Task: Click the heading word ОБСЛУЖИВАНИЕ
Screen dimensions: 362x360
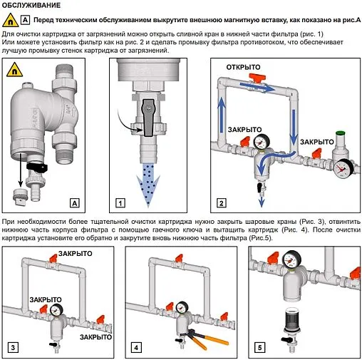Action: [x=31, y=5]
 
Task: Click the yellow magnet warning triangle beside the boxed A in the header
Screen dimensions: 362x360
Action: [x=10, y=20]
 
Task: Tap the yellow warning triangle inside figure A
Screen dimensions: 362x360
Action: [x=15, y=70]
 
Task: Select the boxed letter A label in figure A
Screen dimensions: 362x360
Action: [x=75, y=203]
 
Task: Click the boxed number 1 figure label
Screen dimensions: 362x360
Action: [x=120, y=203]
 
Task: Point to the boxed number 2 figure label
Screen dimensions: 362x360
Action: [x=222, y=203]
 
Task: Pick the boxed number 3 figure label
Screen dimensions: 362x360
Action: [x=13, y=348]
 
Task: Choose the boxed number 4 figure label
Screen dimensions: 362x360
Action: [x=136, y=348]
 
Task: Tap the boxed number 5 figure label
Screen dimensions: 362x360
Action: [x=259, y=348]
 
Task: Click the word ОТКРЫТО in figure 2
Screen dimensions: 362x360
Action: [x=243, y=67]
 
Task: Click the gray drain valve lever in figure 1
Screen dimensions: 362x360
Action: [x=148, y=118]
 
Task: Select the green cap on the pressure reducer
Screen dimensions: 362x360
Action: [x=340, y=133]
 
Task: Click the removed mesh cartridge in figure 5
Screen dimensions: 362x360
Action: [x=291, y=320]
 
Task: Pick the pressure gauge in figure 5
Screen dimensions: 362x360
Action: [x=291, y=260]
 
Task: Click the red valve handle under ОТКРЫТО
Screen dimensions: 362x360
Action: [x=257, y=78]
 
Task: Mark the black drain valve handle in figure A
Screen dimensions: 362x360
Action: [x=37, y=167]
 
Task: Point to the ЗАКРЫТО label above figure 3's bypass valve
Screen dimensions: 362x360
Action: [x=76, y=254]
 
